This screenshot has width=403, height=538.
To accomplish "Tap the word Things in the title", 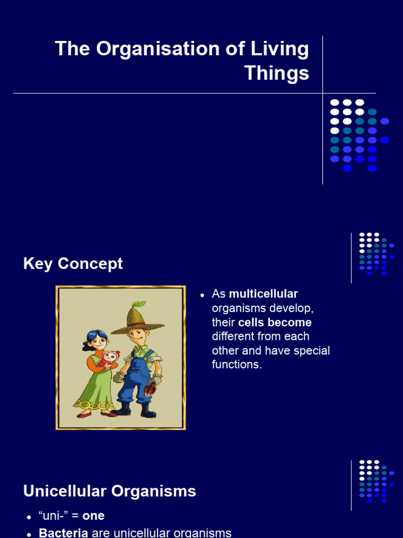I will point(277,73).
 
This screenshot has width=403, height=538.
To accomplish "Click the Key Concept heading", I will point(73,264).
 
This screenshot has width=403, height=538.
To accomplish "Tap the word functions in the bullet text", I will point(236,365).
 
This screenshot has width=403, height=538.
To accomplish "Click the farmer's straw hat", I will point(136,319).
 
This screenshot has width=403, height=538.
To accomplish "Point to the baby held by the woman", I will point(109,359).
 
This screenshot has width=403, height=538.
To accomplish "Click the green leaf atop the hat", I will point(139,304).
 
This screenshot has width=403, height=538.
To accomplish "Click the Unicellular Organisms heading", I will point(110,491).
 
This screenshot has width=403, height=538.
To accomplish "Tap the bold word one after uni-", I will point(93,516).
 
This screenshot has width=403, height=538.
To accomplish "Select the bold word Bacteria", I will point(63,533).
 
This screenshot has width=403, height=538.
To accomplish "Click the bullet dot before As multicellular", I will point(201,295).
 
